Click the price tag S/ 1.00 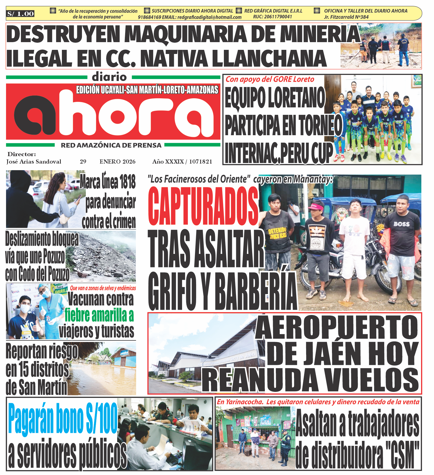click(20, 13)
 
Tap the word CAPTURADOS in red click(203, 206)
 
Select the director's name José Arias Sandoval click(34, 162)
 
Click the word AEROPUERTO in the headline click(337, 327)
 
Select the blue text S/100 click(102, 418)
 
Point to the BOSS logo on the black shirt click(401, 224)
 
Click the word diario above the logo click(109, 77)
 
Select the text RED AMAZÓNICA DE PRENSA click(111, 145)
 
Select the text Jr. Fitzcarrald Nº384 click(346, 17)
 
